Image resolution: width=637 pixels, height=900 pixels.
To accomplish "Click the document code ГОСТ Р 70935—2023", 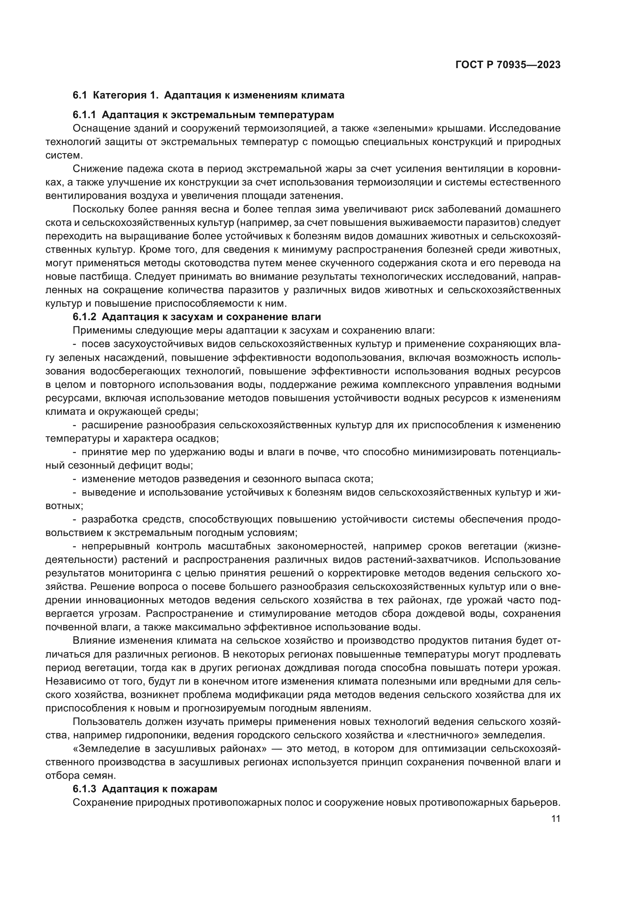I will coord(508,65).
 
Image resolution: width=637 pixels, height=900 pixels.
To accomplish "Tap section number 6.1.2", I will coord(84,317).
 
